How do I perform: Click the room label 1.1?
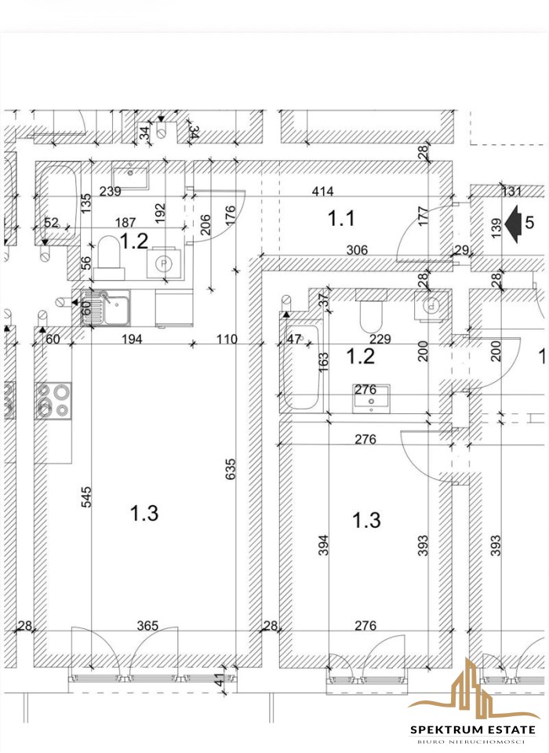point(341,219)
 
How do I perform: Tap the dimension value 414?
point(322,191)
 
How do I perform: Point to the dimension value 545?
point(86,497)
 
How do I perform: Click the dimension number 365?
point(147,625)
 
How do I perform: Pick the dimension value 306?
point(357,249)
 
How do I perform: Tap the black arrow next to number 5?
point(514,224)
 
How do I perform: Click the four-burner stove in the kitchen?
point(53,401)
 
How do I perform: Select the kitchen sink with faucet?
point(105,307)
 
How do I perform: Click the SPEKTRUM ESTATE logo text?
point(473,730)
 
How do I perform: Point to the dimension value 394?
point(324,546)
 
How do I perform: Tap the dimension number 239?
point(110,191)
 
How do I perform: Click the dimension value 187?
point(125,222)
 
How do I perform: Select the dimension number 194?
point(132,339)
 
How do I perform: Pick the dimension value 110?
point(227,339)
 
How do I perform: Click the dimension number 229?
point(380,339)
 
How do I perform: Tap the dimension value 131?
point(511,191)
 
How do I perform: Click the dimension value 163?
point(324,362)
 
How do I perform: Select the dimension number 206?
point(205,224)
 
